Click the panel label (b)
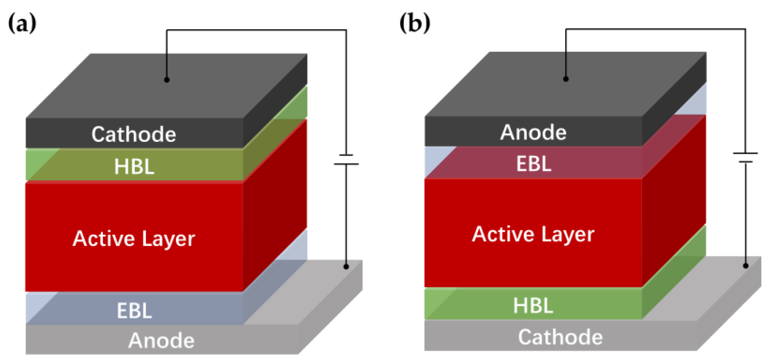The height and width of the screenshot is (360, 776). point(415,23)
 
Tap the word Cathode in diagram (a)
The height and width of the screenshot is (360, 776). point(134,134)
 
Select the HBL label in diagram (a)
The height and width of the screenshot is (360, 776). point(134,167)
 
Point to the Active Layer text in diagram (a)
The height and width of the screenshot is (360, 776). point(134,239)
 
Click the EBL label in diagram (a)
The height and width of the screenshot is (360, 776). point(134,311)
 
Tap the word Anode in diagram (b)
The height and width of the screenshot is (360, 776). point(533,132)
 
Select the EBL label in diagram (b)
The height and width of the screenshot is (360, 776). point(534,164)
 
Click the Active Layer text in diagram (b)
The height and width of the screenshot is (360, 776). point(533,234)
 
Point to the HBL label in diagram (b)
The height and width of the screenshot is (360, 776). point(533,305)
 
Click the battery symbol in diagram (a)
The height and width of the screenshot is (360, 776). point(346,159)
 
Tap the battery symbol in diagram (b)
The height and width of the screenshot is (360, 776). point(745,157)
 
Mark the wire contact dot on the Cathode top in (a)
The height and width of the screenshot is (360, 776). point(167,80)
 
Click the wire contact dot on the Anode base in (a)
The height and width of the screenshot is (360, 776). point(346,267)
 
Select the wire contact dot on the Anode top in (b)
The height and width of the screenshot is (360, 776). point(566,79)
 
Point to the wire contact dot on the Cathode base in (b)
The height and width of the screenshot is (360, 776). point(746,266)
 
